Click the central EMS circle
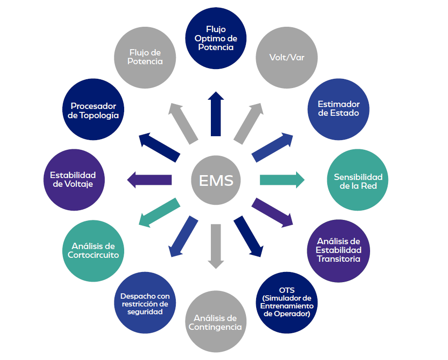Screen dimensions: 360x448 tap(216, 180)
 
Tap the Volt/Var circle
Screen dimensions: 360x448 tap(287, 57)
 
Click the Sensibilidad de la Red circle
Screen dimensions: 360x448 tap(358, 180)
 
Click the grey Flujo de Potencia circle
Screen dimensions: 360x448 tap(145, 57)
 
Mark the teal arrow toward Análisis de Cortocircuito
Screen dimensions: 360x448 tap(158, 213)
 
